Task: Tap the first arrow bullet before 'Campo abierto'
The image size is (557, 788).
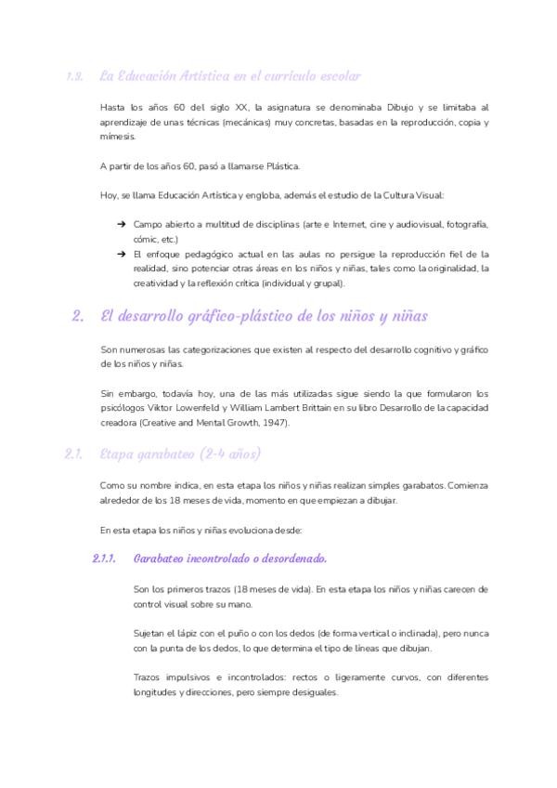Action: pos(122,224)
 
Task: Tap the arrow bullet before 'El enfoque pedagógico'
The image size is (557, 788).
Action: pos(122,254)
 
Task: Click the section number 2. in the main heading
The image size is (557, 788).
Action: pos(78,316)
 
